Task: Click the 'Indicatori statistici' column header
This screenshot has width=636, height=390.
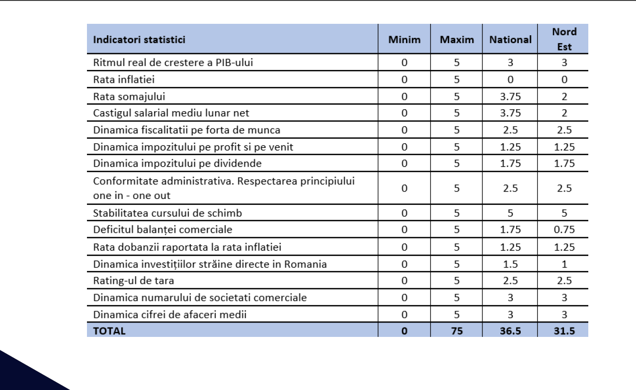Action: (139, 39)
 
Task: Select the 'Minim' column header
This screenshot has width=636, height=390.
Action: (404, 39)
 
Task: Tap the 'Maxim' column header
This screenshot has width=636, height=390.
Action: (457, 39)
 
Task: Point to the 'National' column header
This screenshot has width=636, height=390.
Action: (510, 39)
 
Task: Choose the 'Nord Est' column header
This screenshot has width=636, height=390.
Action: (564, 39)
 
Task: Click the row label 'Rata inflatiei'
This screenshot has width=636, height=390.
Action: (127, 79)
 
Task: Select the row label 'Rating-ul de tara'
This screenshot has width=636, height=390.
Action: (133, 280)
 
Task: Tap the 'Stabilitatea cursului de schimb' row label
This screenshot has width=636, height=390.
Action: (167, 213)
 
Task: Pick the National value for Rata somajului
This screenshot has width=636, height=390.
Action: (510, 96)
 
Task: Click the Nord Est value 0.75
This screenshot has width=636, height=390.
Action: (564, 230)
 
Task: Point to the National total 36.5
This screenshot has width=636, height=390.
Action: (510, 330)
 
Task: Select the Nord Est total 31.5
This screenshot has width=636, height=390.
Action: (564, 330)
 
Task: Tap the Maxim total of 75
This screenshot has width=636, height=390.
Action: (457, 330)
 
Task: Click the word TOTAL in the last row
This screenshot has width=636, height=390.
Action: (109, 330)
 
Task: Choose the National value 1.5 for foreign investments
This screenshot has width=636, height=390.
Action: (510, 264)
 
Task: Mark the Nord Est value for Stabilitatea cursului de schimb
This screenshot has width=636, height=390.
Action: (564, 213)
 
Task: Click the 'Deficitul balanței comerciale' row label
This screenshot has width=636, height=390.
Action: (162, 230)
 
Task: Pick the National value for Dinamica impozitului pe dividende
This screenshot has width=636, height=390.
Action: (510, 163)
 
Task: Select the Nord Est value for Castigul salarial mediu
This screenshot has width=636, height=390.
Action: (564, 113)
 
